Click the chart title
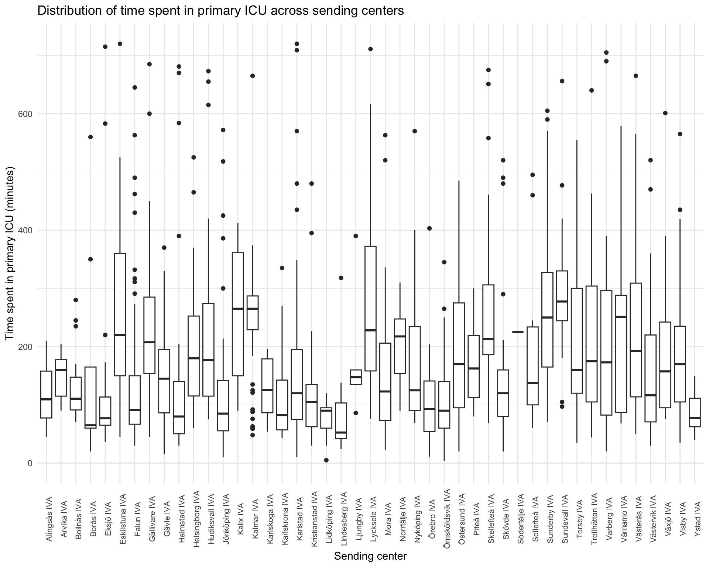pos(220,11)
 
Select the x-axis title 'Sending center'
pos(370,556)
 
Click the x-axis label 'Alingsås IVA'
pos(49,517)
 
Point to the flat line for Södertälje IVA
pos(518,332)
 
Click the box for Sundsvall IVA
pos(562,295)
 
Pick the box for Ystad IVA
pos(695,412)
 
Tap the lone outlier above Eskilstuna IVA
pos(120,44)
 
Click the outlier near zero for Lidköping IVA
pos(326,460)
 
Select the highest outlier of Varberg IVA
pos(606,52)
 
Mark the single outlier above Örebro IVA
pos(429,228)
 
